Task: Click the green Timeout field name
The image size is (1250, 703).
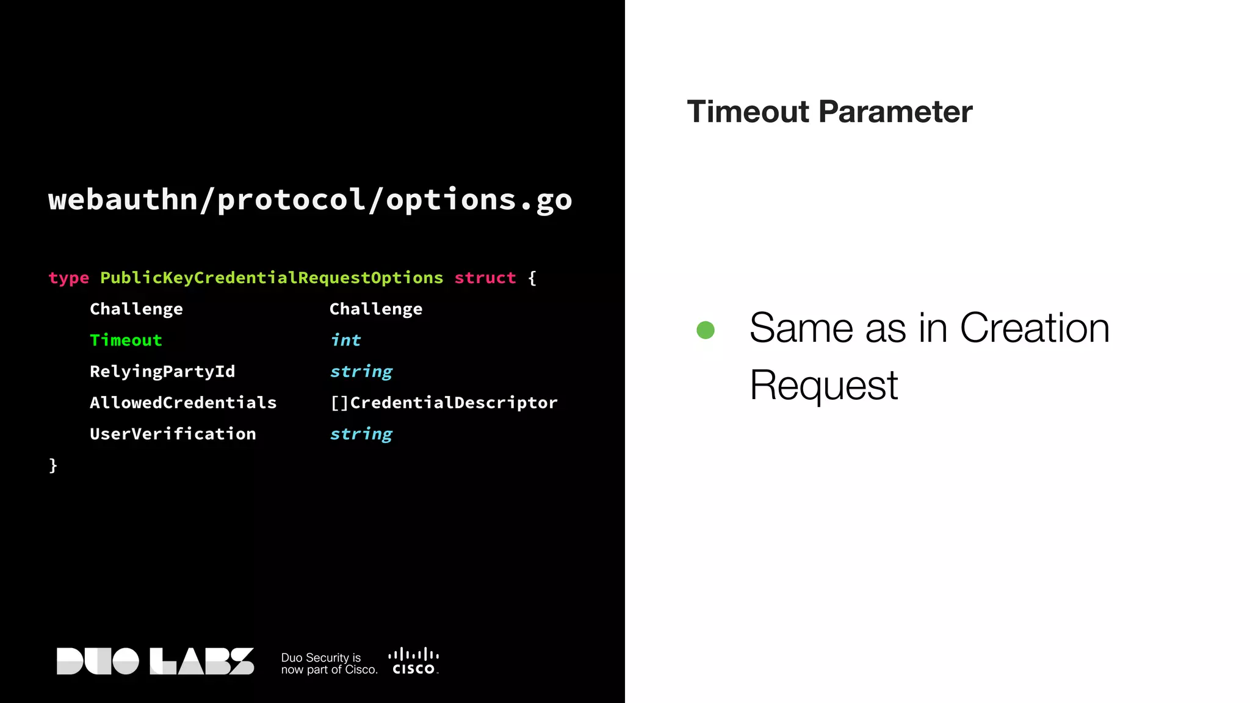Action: tap(126, 340)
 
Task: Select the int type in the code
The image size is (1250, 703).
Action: tap(345, 340)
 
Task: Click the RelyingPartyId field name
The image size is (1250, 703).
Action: tap(162, 372)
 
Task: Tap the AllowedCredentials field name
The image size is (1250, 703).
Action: tap(183, 403)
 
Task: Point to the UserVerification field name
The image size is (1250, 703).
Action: tap(173, 434)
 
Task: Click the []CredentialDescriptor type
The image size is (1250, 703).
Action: tap(444, 403)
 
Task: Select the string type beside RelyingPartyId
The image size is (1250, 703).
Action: tap(361, 372)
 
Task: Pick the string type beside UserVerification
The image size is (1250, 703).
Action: tap(361, 434)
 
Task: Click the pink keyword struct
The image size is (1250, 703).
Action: tap(485, 278)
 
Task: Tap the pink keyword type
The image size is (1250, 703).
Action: tap(68, 278)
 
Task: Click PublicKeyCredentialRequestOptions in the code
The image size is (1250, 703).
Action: tap(272, 278)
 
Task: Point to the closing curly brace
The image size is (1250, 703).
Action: tap(53, 466)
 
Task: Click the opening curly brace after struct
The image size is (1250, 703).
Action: tap(532, 278)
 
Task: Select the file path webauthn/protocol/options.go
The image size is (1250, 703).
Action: tap(310, 200)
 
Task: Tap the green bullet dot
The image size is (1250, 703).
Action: tap(706, 330)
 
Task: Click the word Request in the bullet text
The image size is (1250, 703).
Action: tap(823, 386)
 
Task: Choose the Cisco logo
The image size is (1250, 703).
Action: tap(414, 662)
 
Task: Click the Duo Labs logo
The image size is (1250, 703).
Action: tap(155, 662)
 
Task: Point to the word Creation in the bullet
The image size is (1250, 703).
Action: tap(1035, 328)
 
